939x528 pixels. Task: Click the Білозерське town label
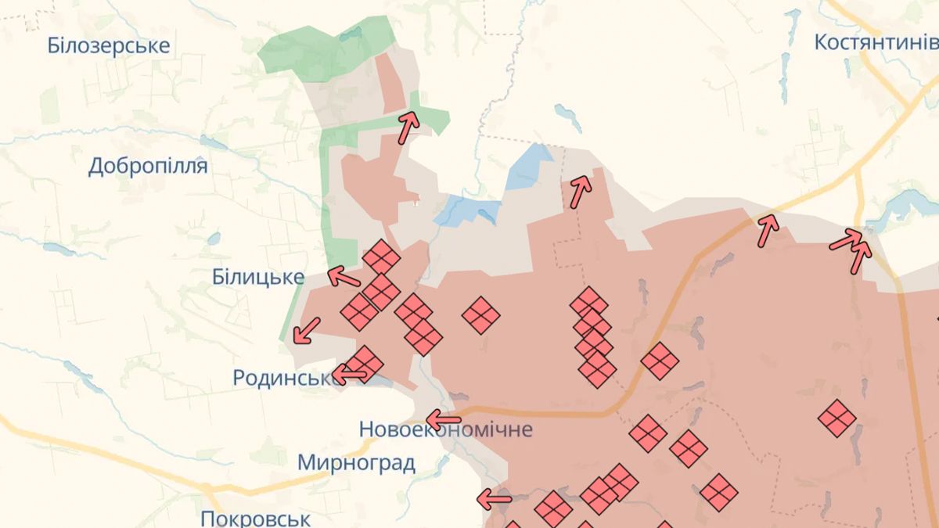[x=108, y=45]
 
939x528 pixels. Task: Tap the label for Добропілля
[x=148, y=166]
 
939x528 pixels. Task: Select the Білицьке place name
[x=258, y=277]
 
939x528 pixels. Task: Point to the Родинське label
[x=286, y=378]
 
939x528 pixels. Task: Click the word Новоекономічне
[x=445, y=429]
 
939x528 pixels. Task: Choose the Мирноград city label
[x=356, y=462]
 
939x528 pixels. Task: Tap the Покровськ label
[x=255, y=518]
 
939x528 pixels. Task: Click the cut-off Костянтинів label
[x=876, y=42]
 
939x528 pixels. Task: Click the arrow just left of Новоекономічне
[x=444, y=418]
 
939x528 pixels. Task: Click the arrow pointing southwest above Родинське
[x=306, y=331]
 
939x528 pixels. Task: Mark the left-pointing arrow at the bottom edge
[x=495, y=497]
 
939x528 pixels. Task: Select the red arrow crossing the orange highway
[x=768, y=232]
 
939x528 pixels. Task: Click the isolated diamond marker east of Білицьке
[x=480, y=316]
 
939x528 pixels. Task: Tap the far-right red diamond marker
[x=836, y=418]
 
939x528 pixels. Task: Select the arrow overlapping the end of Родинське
[x=350, y=375]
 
